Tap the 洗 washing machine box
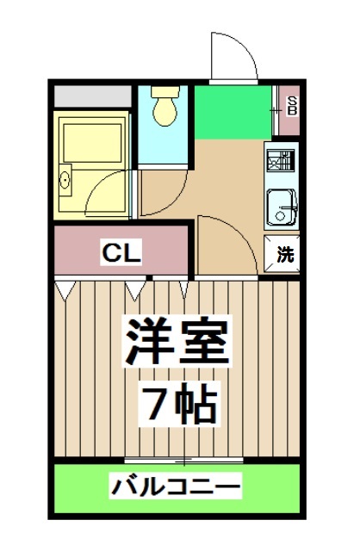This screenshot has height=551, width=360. click(x=284, y=255)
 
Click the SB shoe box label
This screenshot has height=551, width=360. click(x=291, y=106)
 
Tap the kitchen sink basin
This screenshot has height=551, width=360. click(x=281, y=206)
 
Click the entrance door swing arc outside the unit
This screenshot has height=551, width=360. click(x=231, y=56)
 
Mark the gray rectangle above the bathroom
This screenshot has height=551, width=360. click(x=91, y=94)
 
